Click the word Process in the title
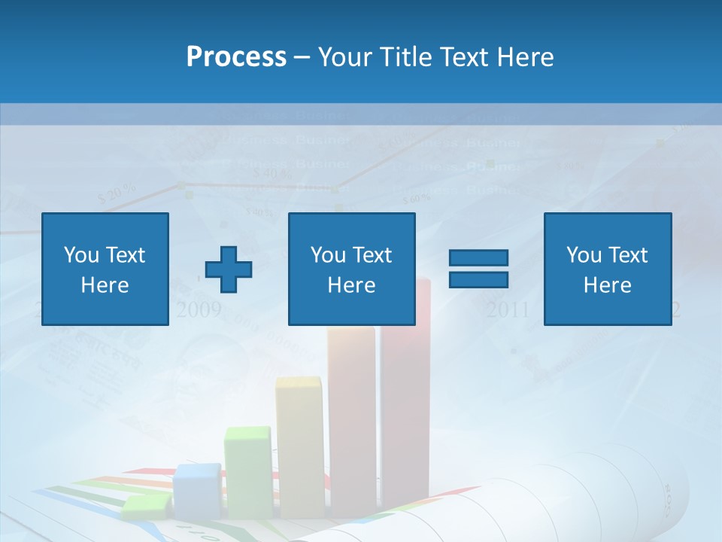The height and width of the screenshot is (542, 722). [236, 56]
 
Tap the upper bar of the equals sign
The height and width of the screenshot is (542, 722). [478, 258]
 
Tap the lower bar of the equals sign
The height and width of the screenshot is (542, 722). [478, 280]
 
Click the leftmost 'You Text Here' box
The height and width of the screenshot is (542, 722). [105, 269]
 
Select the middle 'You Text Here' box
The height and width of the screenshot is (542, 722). [351, 269]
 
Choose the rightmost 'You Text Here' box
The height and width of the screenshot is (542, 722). [607, 269]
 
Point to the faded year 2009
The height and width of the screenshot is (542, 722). [199, 309]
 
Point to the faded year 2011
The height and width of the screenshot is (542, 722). [508, 309]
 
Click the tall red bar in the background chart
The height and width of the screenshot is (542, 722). [406, 406]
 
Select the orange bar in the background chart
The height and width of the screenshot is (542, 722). [351, 422]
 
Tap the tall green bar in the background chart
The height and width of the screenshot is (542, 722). [248, 470]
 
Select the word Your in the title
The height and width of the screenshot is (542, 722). [346, 56]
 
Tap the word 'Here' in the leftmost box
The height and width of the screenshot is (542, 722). [105, 285]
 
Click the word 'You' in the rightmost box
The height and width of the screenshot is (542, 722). [584, 255]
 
